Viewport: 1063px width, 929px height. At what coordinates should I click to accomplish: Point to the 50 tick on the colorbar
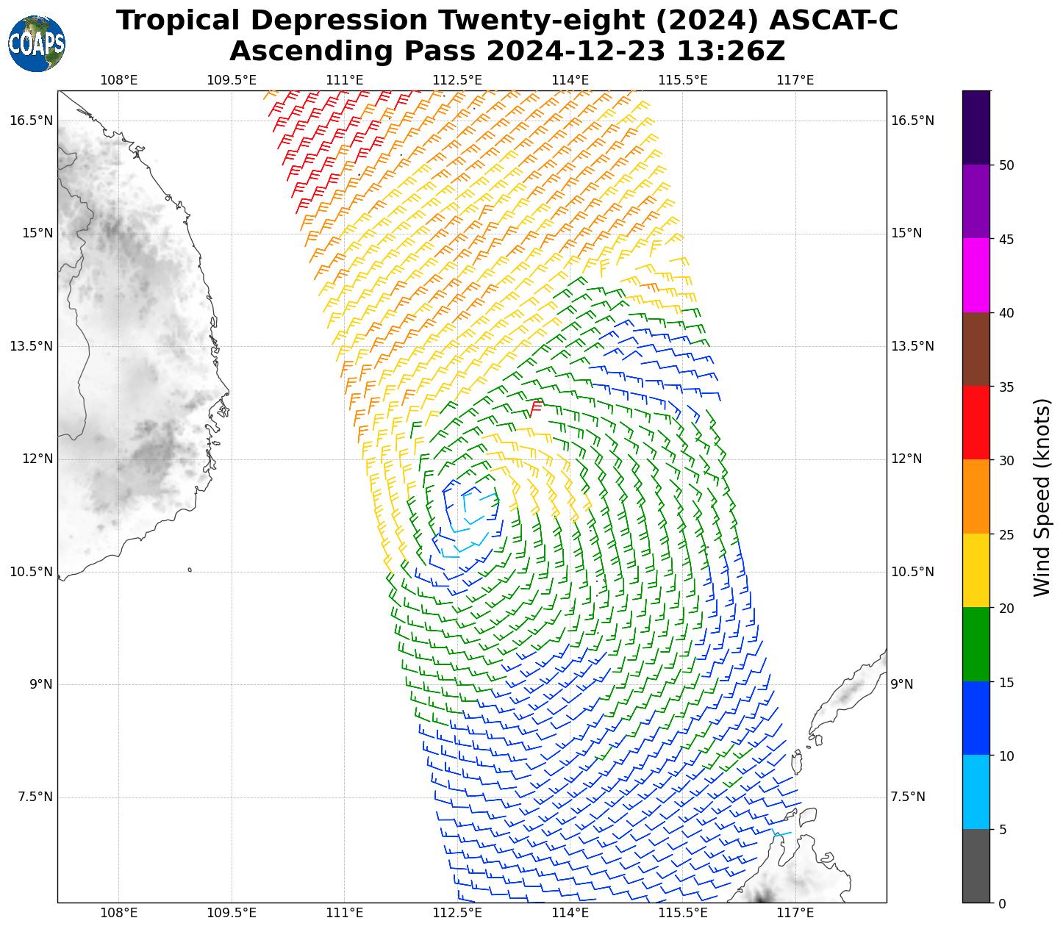[1001, 165]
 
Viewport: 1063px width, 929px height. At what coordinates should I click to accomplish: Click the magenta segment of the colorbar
[976, 275]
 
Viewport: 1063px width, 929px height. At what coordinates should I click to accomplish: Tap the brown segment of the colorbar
[976, 349]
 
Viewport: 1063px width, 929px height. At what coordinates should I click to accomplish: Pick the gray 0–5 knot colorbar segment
[976, 866]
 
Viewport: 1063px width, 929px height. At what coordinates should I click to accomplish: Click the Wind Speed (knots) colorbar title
[1042, 497]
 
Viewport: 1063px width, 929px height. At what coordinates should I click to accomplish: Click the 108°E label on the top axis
[119, 79]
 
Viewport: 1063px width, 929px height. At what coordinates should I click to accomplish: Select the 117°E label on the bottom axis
[795, 914]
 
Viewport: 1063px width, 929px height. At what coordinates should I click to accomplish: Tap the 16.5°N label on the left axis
[31, 121]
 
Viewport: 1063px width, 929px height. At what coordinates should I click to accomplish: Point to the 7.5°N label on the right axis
[908, 797]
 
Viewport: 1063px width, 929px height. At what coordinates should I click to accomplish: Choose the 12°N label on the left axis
[37, 459]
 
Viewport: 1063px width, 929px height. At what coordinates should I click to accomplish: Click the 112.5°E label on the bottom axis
[457, 914]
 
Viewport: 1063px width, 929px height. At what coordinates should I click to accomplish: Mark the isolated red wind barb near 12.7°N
[535, 407]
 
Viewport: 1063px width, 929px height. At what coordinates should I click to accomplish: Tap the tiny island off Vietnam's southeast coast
[190, 570]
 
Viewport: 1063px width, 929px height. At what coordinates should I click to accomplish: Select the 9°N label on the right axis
[903, 684]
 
